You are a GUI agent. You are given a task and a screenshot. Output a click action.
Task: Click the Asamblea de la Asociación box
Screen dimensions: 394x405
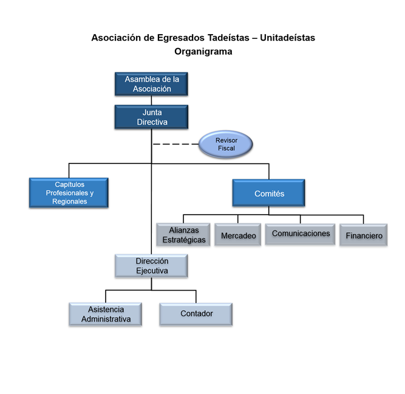(151, 84)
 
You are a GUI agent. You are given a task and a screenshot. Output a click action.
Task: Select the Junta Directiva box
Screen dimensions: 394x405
(151, 117)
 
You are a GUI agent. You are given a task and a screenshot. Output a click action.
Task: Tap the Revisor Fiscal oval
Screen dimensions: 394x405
(226, 144)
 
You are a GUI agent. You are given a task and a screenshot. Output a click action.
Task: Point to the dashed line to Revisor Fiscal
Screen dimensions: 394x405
(175, 144)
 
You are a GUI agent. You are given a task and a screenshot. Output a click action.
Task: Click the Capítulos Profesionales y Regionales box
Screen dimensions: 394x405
(69, 192)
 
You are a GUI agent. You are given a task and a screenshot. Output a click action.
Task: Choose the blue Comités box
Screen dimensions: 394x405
(268, 193)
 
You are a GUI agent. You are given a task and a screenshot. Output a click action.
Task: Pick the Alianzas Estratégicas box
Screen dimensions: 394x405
(183, 235)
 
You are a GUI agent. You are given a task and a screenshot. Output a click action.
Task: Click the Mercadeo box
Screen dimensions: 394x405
(237, 235)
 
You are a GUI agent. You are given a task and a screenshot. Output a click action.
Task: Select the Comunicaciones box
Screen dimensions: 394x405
(301, 234)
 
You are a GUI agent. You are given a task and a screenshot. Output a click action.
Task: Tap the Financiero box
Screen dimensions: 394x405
(364, 235)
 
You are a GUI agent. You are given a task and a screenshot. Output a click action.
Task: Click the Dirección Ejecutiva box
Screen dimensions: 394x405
(151, 266)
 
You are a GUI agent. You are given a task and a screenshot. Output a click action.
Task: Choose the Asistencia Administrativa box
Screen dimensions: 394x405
(106, 314)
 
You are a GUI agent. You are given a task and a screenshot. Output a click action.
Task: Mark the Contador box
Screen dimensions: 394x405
(196, 314)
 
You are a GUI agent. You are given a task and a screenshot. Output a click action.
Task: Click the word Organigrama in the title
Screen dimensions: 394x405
(203, 52)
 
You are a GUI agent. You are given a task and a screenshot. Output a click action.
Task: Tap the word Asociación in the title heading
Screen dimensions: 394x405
(115, 38)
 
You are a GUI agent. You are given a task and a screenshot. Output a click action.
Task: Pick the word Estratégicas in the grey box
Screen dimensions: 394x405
(183, 240)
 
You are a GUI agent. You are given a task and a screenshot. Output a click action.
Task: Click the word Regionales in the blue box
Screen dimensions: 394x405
(69, 201)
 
